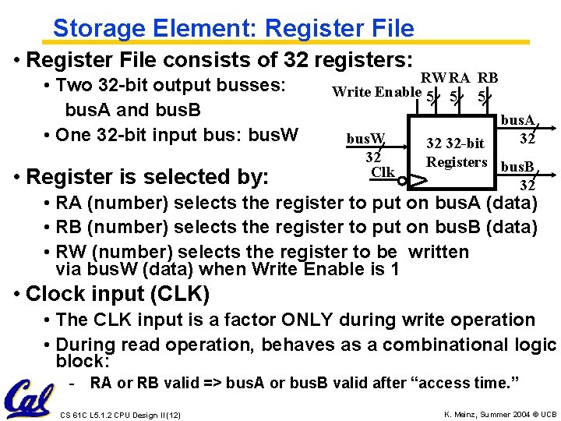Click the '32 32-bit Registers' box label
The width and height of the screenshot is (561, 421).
point(457,153)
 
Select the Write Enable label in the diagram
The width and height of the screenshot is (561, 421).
point(376,92)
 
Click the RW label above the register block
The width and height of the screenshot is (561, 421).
point(432,78)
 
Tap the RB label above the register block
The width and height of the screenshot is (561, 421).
point(488,78)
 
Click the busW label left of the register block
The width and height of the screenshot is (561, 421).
point(365,140)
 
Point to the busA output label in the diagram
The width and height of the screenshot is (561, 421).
point(517,121)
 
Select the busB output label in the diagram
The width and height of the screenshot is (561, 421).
point(517,168)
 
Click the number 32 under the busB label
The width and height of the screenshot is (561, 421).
point(527,186)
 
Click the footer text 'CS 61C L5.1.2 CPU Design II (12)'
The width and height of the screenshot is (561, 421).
point(120,415)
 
